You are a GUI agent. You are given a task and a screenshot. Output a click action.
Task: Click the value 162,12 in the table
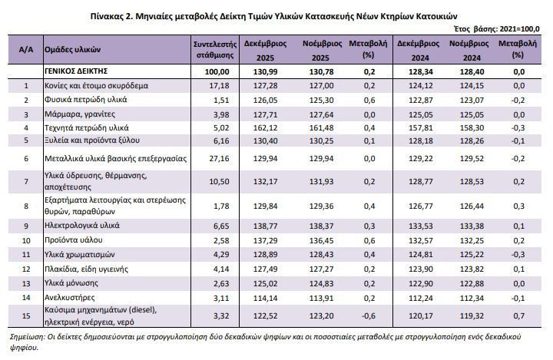pos(265,127)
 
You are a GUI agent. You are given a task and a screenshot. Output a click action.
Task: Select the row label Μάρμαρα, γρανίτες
pos(80,114)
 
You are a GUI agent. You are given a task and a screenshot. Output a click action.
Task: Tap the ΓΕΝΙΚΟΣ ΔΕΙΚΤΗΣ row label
pos(76,71)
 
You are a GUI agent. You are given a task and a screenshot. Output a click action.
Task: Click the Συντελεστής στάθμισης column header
pos(215,49)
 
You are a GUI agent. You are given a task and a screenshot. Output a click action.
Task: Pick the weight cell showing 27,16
pos(219,158)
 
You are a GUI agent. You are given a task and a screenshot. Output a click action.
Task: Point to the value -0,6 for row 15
pos(369,315)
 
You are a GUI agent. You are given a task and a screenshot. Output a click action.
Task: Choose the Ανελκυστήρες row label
pos(69,297)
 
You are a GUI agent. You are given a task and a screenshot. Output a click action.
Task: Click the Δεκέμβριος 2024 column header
pos(419,51)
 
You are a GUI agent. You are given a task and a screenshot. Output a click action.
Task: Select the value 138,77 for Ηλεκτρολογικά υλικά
pos(265,226)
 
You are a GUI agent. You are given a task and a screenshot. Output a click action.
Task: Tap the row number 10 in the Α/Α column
pos(26,240)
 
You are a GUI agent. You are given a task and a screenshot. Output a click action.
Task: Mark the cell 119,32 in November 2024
pos(472,315)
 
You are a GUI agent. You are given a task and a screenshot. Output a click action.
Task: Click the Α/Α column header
pos(26,49)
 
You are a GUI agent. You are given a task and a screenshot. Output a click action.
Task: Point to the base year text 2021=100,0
pos(519,29)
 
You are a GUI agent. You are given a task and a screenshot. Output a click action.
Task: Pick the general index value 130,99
pos(265,71)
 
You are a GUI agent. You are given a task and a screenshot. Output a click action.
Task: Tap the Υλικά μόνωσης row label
pos(71,282)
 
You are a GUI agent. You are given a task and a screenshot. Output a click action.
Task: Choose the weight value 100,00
pos(217,71)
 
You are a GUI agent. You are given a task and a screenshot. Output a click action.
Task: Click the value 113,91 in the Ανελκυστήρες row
pos(321,298)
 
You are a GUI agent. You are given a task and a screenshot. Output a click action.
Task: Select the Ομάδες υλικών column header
pos(72,49)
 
